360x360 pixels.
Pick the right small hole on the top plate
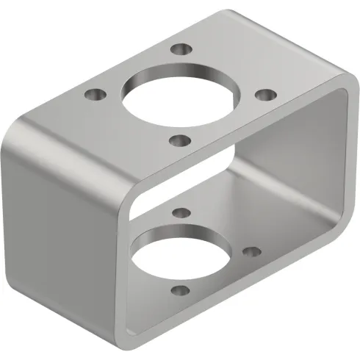[x=266, y=94]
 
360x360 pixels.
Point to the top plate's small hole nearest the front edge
[x=179, y=140]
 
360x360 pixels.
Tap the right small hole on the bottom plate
[x=251, y=252]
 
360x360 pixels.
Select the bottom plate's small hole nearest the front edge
[x=176, y=292]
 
